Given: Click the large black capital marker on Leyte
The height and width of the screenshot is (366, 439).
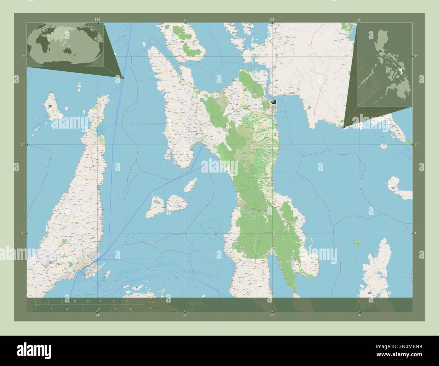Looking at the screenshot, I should coord(274,102).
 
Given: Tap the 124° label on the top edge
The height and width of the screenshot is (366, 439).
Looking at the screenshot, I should coord(97,20).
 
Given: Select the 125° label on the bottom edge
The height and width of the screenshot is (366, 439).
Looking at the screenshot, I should coord(272,315).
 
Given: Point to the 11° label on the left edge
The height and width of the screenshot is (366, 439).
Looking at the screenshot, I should coord(22,145).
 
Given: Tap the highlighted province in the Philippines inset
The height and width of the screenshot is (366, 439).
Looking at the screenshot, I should coord(401,71).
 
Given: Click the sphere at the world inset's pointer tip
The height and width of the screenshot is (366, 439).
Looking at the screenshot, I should coord(122,78).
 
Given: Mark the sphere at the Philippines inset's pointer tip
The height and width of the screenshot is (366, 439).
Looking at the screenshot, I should coord(343,127).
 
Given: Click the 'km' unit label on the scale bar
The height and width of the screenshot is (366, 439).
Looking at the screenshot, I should coord(151,302).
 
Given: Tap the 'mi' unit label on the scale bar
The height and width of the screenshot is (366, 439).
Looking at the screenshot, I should coord(151,308).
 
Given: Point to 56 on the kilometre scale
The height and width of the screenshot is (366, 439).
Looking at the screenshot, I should coord(127,300).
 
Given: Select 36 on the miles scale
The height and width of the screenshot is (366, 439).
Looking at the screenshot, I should coord(130,309).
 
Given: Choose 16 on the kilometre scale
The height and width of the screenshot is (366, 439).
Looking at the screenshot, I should coord(61,300).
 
